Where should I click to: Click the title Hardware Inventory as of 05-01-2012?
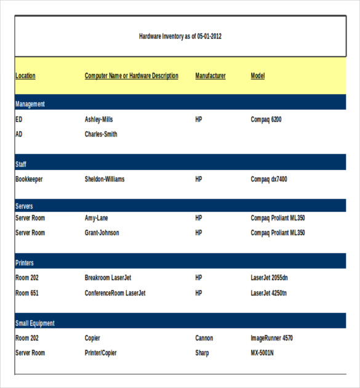coord(180,36)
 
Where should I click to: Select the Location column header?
coord(25,76)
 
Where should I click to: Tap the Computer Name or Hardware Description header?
coord(131,76)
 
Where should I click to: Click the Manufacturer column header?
coord(210,76)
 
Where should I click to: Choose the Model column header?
coord(257,76)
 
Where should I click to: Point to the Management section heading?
coord(30,104)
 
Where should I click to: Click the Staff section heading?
coord(21,164)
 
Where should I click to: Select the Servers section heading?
coord(24,206)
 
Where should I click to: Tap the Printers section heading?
coord(24,263)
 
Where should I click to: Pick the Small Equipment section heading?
coord(34,323)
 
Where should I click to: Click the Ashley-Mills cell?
coord(98,119)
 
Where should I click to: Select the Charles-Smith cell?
coord(101,134)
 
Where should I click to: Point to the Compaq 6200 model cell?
coord(266,119)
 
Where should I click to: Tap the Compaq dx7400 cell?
coord(269,179)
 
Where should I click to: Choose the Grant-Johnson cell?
coord(102,233)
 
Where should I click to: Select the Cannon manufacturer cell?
coord(204,338)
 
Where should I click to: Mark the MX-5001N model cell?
coord(262,353)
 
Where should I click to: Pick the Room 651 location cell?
coord(26,293)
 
